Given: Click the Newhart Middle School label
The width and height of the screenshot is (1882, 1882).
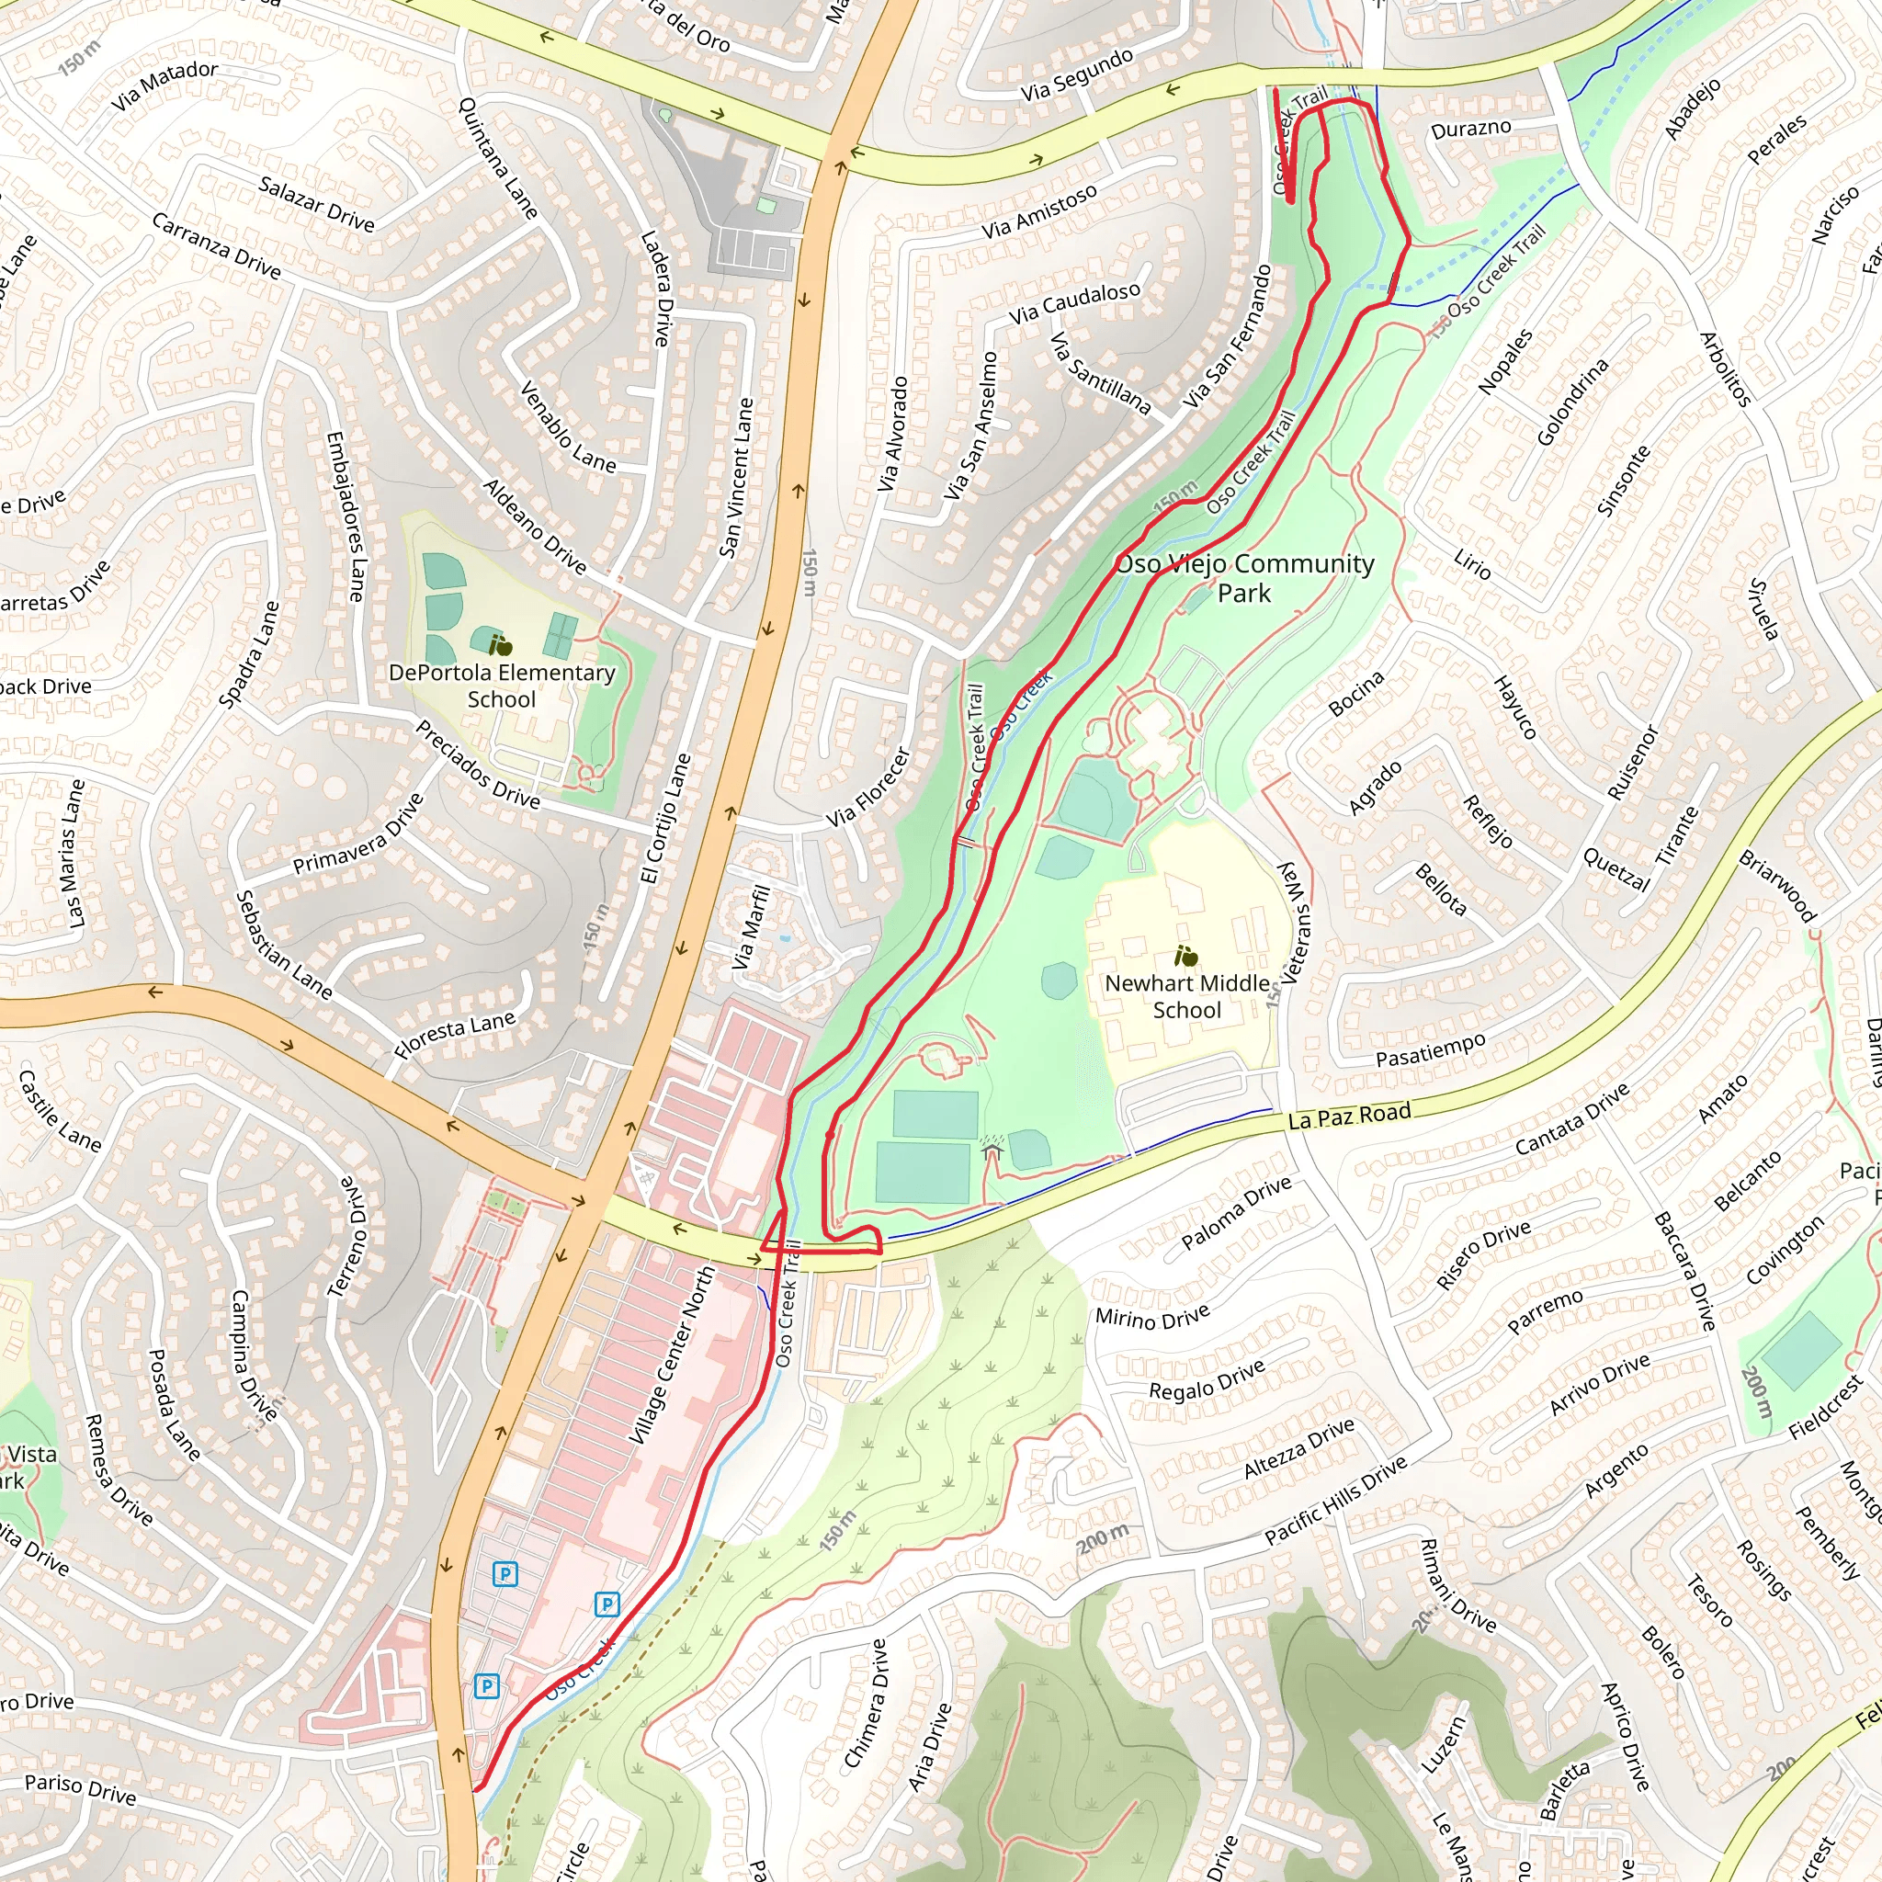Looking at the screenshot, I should pyautogui.click(x=1186, y=996).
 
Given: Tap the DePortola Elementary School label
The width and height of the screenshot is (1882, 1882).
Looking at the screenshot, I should pyautogui.click(x=502, y=686).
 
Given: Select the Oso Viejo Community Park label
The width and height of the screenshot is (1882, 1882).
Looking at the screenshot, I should pyautogui.click(x=1244, y=578).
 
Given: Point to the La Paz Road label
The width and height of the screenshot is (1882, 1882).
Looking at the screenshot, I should pyautogui.click(x=1349, y=1117).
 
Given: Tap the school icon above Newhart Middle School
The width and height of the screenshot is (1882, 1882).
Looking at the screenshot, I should pyautogui.click(x=1185, y=956).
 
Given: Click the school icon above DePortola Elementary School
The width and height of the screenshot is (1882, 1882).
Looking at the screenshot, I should pyautogui.click(x=501, y=645).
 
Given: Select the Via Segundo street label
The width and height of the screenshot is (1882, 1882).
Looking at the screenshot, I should pyautogui.click(x=1077, y=74).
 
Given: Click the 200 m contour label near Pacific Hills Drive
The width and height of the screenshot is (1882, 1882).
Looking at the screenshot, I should pyautogui.click(x=1103, y=1538).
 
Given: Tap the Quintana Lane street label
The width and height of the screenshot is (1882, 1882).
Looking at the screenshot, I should pyautogui.click(x=498, y=158).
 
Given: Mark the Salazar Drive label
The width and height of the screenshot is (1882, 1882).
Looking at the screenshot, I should pyautogui.click(x=317, y=204).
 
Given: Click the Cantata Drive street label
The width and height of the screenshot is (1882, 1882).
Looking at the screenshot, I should pyautogui.click(x=1572, y=1119).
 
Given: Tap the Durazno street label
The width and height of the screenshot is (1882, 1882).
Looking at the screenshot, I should pyautogui.click(x=1471, y=129).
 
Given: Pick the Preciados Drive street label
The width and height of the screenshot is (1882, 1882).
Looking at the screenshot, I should pyautogui.click(x=477, y=765).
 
